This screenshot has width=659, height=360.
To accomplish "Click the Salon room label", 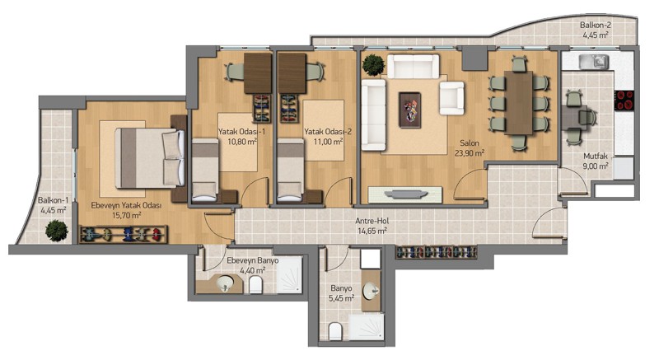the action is [469, 143].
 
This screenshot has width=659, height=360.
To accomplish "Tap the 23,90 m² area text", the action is [470, 153].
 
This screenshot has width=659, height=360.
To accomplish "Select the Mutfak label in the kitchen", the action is [596, 157].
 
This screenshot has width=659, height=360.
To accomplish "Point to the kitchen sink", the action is [593, 62].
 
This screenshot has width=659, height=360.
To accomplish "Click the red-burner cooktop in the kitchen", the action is [624, 100].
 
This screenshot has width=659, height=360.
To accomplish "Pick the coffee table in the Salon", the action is [409, 110].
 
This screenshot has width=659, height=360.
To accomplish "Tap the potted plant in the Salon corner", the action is [373, 65].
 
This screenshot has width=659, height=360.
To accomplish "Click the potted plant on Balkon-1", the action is [57, 231].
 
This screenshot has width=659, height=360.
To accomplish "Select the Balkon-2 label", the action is [596, 26].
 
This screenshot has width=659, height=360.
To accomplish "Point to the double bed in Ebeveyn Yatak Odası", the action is [150, 157].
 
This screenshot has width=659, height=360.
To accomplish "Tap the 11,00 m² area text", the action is [328, 142].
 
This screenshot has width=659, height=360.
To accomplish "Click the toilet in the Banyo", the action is [335, 331].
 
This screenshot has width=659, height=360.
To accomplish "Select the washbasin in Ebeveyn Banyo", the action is [225, 283].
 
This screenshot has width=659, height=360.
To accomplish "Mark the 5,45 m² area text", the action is [341, 298].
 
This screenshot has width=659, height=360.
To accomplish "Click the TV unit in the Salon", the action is [404, 195].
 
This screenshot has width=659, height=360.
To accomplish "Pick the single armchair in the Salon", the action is [451, 98].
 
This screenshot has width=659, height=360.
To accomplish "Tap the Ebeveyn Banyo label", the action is [253, 260].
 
